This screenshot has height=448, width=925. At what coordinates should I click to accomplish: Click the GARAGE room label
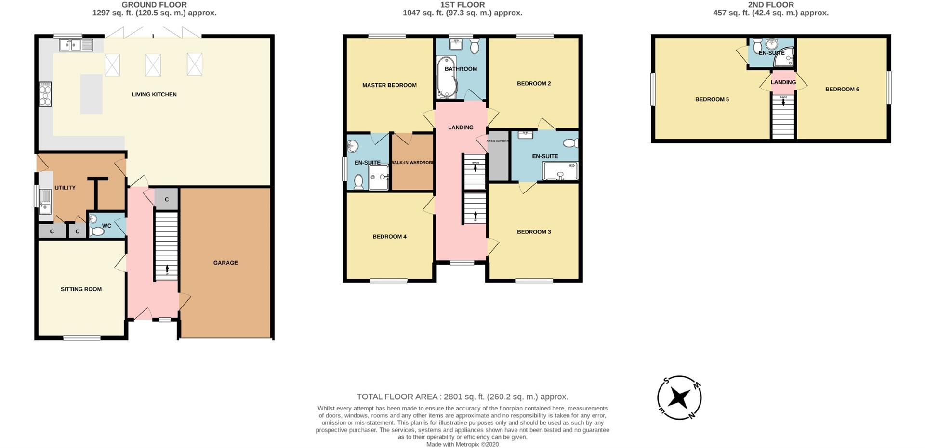pyautogui.click(x=225, y=263)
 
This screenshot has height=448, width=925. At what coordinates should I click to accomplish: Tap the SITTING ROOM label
pyautogui.click(x=81, y=289)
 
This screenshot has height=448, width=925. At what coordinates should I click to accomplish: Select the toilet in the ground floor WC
pyautogui.click(x=97, y=231)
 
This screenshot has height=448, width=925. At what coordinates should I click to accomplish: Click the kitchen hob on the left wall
pyautogui.click(x=45, y=94)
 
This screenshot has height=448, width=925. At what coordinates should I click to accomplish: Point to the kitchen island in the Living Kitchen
pyautogui.click(x=91, y=94)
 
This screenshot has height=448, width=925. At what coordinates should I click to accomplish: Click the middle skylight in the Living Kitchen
pyautogui.click(x=153, y=65)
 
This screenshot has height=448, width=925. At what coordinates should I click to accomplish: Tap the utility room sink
pyautogui.click(x=45, y=202)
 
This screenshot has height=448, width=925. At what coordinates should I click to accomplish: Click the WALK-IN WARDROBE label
pyautogui.click(x=412, y=163)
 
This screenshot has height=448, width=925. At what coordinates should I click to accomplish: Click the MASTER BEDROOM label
pyautogui.click(x=389, y=85)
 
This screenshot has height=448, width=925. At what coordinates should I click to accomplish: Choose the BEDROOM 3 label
pyautogui.click(x=534, y=232)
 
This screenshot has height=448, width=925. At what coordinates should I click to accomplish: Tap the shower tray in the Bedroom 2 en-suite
pyautogui.click(x=560, y=171)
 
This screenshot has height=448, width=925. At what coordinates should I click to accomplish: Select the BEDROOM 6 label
pyautogui.click(x=842, y=89)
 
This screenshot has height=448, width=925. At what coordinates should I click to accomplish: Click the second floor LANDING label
pyautogui.click(x=783, y=82)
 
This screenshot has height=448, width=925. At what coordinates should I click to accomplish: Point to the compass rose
pyautogui.click(x=679, y=398)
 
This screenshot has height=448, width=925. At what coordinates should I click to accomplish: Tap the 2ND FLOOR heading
pyautogui.click(x=770, y=5)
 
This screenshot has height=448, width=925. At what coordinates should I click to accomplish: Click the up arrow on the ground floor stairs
pyautogui.click(x=167, y=269)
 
